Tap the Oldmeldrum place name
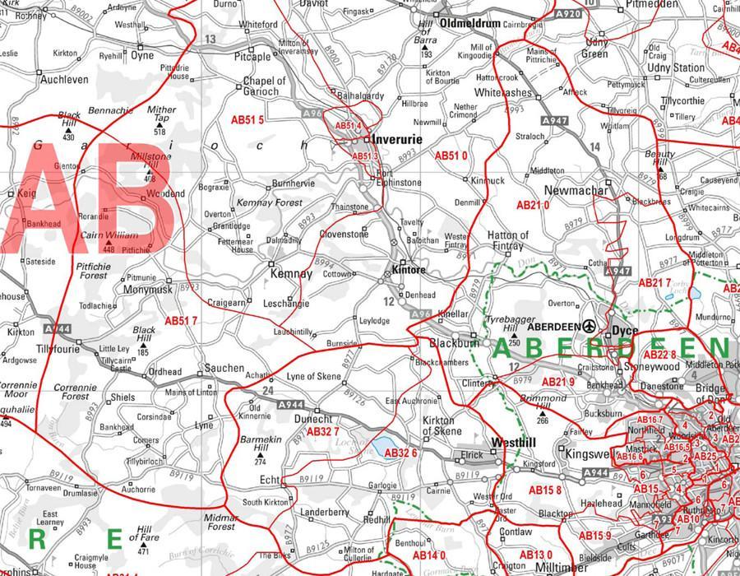pos(470,24)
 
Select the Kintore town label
pos(409,269)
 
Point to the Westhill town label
pos(513,442)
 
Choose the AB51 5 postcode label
pos(247,120)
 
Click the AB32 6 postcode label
pos(402,453)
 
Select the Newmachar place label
pos(576,191)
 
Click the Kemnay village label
pos(291,274)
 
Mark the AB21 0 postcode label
pos(533,205)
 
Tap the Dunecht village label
pos(313,418)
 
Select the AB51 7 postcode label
pos(181,321)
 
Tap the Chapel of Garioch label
pos(265,86)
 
